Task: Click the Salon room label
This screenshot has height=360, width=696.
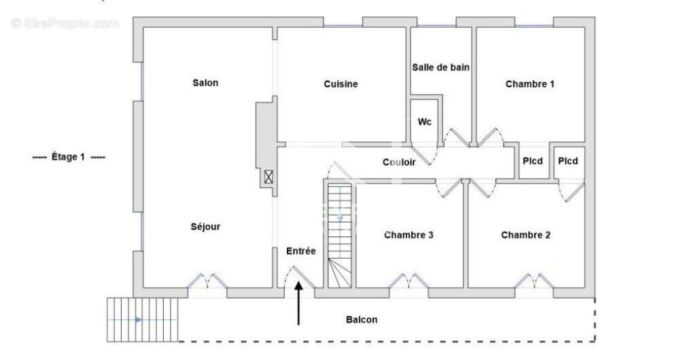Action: click(205, 83)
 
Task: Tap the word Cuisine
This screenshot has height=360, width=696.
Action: click(341, 84)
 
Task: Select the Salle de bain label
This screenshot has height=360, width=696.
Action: click(441, 67)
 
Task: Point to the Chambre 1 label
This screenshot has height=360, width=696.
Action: click(530, 84)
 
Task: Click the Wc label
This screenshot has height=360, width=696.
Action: click(424, 122)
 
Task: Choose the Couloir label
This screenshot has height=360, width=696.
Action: click(399, 162)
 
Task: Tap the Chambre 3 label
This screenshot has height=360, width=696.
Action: click(409, 235)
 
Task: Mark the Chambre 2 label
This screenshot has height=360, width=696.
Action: click(526, 235)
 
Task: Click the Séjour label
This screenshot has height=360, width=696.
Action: click(205, 227)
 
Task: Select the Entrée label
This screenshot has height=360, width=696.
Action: click(301, 251)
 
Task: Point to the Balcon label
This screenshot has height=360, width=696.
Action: click(362, 319)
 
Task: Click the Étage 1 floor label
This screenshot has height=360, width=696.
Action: click(69, 157)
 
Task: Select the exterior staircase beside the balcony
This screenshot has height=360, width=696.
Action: click(143, 319)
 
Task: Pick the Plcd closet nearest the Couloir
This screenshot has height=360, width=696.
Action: click(533, 161)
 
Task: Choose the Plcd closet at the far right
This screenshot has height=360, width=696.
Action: click(568, 161)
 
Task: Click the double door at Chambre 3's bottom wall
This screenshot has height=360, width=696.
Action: click(408, 280)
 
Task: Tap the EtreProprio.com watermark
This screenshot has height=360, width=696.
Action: click(65, 24)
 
